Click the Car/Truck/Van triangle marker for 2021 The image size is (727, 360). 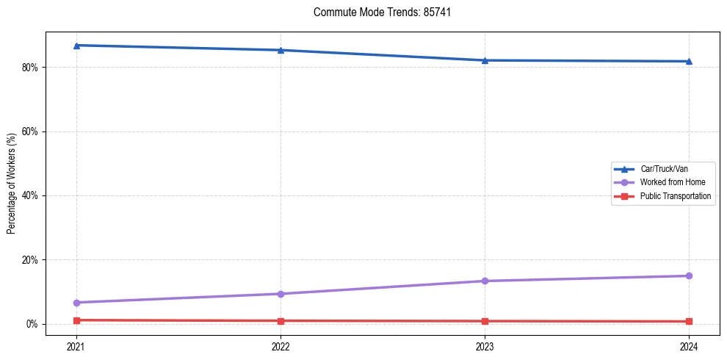[x=76, y=46]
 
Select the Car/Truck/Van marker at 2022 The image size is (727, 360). [x=281, y=50]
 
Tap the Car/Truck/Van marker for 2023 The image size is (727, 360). [x=485, y=60]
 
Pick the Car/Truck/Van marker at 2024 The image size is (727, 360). [x=689, y=61]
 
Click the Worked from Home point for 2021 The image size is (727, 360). [x=76, y=303]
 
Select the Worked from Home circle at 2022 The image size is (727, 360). [x=281, y=294]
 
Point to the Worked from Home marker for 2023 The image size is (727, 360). [x=485, y=281]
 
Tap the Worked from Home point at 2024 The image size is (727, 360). [x=689, y=276]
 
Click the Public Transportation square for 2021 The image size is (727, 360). [x=76, y=320]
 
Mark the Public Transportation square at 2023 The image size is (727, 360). [x=485, y=321]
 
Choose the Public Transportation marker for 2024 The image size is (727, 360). [x=689, y=321]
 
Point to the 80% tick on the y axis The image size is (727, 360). [x=31, y=68]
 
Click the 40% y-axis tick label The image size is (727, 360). [x=31, y=196]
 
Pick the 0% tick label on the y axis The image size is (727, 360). [x=33, y=324]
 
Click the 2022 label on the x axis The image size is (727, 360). [x=281, y=345]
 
